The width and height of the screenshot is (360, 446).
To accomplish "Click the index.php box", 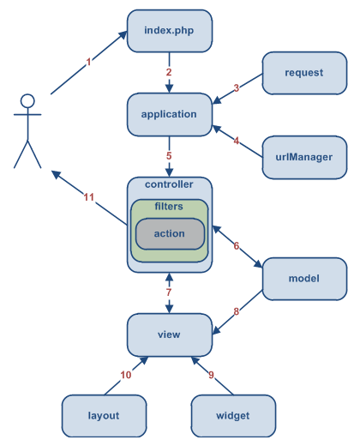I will pos(169,32).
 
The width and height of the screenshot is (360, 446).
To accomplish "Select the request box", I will pos(304,73).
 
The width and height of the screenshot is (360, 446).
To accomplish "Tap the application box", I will pos(169,114).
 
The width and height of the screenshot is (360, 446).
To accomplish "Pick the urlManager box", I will pos(304,157).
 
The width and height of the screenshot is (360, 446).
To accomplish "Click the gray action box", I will pos(170,234).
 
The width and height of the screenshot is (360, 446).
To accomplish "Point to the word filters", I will pos(169,207).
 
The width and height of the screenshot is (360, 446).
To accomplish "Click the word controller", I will pos(169,184).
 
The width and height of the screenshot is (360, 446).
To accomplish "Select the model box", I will pos(304,280).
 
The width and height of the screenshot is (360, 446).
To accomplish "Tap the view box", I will pos(169,334).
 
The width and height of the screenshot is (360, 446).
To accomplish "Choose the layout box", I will pos(104,416).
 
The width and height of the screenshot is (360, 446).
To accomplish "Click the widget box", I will pos(233,416).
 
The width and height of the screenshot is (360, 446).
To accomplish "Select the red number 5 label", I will pos(169,156).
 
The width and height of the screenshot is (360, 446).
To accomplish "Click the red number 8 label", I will pos(236,311).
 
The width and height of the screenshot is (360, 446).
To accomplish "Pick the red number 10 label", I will pos(125,375).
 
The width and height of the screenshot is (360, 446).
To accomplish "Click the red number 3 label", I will pos(236,87).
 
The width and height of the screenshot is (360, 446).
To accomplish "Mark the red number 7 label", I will pos(169,293).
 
